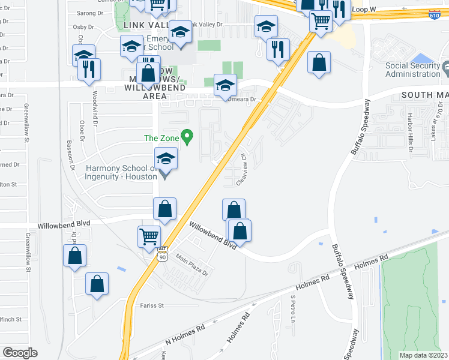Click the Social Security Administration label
click(x=405, y=69)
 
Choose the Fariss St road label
click(x=152, y=305)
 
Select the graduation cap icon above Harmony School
click(x=166, y=158)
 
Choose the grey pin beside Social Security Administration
click(x=445, y=70)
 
